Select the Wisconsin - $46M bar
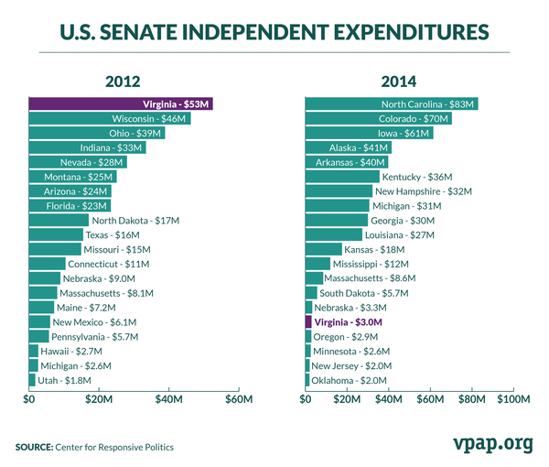pyautogui.click(x=110, y=119)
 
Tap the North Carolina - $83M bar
pyautogui.click(x=391, y=104)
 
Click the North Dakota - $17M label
pyautogui.click(x=135, y=221)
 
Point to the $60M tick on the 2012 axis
pyautogui.click(x=238, y=399)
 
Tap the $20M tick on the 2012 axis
pyautogui.click(x=99, y=399)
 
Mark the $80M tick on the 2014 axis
pyautogui.click(x=472, y=399)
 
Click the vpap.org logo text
pyautogui.click(x=492, y=443)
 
